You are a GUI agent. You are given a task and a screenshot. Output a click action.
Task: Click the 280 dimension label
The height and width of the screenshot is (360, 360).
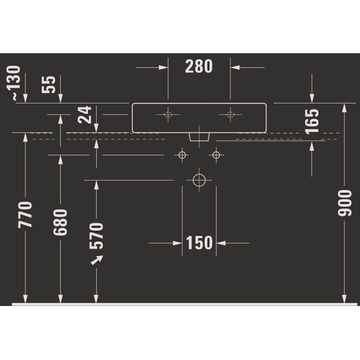199,67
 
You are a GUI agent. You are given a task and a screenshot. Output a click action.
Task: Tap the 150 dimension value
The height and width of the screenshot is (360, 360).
199,243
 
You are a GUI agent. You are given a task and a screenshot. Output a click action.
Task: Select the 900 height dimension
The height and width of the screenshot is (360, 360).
344,202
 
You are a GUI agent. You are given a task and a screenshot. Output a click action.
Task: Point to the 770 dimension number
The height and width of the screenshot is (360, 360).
25,214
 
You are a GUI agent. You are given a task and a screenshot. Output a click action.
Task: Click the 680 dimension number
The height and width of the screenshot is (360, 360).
60,223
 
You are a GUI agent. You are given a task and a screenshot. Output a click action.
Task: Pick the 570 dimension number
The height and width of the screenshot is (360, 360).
96,236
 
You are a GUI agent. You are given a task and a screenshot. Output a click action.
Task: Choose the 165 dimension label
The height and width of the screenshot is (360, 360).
312,121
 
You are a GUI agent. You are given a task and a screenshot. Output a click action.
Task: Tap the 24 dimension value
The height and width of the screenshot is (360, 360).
85,115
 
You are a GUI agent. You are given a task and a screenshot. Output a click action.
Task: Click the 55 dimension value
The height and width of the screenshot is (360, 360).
49,85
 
